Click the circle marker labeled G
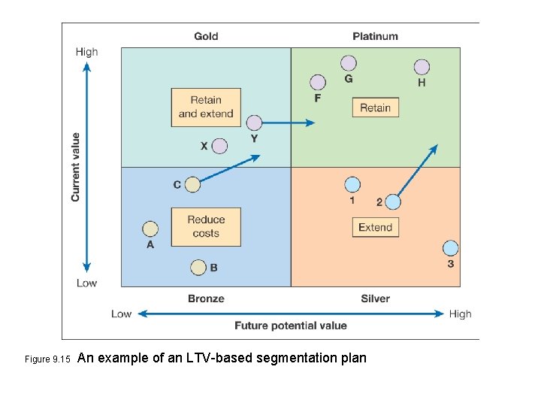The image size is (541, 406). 348,63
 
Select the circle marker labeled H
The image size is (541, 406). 422,67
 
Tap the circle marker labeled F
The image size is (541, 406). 318,82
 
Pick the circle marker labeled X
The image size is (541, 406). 219,146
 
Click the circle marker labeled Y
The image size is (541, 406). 254,123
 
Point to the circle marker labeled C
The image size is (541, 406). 192,184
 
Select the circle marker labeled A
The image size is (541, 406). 150,229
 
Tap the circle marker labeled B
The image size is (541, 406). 198,267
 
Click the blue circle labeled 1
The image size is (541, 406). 352,184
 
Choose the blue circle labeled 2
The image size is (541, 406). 393,201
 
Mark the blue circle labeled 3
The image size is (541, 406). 450,248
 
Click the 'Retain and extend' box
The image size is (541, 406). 206,107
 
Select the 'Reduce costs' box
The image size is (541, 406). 206,226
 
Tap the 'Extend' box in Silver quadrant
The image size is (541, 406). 375,227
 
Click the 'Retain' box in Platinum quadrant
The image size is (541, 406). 375,108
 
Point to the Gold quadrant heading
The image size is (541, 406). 207,36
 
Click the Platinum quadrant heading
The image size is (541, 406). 375,36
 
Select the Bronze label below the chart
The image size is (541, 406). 206,298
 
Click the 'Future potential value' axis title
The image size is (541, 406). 291,326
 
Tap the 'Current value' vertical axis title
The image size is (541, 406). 75,167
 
